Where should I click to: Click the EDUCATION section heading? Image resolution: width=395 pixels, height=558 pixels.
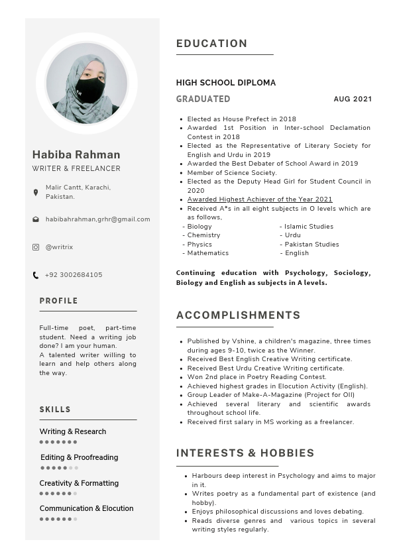pos(211,44)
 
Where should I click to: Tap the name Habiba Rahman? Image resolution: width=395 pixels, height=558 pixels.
pos(76,154)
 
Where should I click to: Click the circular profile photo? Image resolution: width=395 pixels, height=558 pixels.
pos(87,84)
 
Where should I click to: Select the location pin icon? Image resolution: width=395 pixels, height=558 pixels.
pos(36,192)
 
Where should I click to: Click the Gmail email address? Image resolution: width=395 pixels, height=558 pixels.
pos(97,219)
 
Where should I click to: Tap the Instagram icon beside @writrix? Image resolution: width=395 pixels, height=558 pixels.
pos(36,247)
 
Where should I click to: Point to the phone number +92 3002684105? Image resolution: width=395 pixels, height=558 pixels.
pos(74,275)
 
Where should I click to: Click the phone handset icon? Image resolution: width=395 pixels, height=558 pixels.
pos(36,275)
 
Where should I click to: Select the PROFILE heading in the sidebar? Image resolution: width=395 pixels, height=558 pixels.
pos(58,301)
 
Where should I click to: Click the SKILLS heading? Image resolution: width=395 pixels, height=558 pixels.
pos(55,410)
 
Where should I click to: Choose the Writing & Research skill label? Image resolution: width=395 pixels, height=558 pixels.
pos(73,431)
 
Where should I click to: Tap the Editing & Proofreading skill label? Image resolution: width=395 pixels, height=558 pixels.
pos(79,457)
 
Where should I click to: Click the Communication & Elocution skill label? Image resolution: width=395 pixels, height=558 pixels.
pos(86,508)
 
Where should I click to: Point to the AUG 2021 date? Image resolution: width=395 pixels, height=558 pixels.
pos(353,99)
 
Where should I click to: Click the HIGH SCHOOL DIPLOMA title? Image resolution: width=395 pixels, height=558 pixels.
pos(226,83)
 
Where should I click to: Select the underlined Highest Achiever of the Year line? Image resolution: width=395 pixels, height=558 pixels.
pos(260,199)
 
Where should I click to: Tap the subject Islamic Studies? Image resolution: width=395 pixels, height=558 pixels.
pos(309,227)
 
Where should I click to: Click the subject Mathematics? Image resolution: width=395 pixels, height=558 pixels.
pos(207,253)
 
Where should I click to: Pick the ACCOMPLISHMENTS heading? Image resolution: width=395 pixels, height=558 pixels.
pos(238,315)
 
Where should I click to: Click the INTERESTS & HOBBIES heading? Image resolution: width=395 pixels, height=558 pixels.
pos(245,453)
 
